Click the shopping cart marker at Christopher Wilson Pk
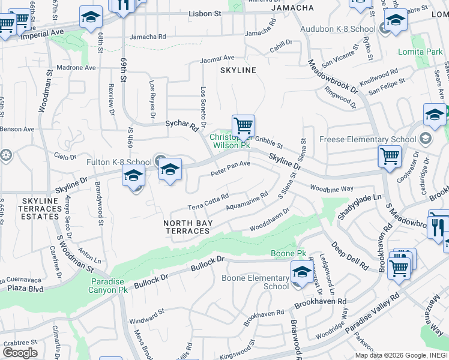(243, 127)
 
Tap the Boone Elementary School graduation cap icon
(302, 272)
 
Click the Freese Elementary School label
(374, 140)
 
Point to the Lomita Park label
(420, 52)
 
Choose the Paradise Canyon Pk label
(109, 286)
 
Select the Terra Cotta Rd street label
(208, 202)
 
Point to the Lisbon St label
(205, 13)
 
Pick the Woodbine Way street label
(331, 188)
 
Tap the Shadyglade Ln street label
(360, 206)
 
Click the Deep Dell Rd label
(345, 250)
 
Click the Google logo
(19, 353)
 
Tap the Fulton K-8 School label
(119, 162)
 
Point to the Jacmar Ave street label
(217, 59)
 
